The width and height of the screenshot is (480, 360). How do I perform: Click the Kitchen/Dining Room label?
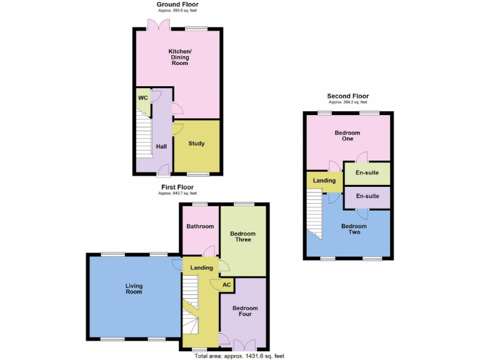point(179,57)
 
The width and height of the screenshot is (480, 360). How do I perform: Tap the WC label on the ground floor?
point(142,98)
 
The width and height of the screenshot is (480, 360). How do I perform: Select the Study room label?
point(196,144)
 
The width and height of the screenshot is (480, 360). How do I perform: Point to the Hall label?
point(161,146)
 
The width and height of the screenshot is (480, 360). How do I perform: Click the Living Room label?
point(134,288)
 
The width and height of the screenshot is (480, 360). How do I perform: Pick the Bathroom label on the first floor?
point(199,226)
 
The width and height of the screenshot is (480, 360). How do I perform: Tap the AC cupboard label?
point(226,284)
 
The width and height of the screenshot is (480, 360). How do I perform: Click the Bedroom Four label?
point(245,311)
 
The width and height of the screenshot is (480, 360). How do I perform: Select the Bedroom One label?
point(347,136)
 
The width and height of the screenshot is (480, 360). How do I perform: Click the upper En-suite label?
point(367,172)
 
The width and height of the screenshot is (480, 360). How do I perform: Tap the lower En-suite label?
point(367,196)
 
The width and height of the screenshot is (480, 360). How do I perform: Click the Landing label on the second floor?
point(324,181)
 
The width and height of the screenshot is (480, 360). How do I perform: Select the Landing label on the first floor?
point(202,267)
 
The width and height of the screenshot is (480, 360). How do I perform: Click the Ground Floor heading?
point(177,4)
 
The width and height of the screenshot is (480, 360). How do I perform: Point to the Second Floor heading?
point(347,96)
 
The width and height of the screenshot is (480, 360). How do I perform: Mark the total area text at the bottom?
point(239,355)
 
